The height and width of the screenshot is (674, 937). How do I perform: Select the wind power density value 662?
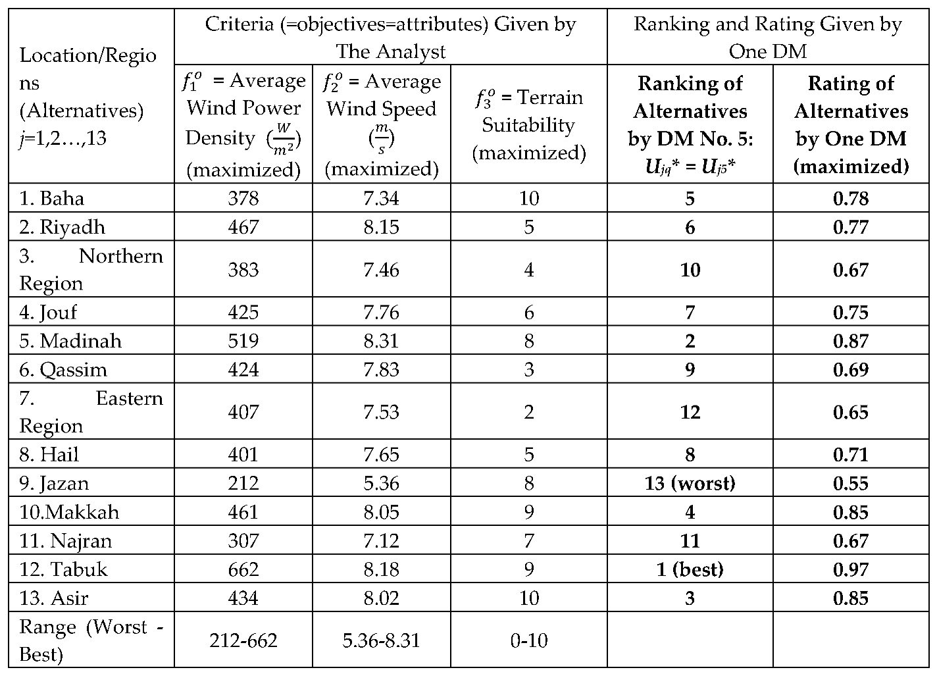(243, 569)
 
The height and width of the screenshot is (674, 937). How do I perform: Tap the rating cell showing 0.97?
(851, 569)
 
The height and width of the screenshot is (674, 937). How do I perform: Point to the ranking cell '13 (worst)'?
(690, 483)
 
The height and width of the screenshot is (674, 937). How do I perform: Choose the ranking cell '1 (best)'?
(690, 569)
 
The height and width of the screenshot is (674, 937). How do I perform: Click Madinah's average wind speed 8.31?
(381, 341)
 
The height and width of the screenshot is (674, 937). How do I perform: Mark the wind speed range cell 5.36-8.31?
(381, 640)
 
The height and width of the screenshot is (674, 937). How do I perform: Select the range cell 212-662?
(243, 640)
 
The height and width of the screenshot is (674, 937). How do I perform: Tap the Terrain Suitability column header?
(529, 124)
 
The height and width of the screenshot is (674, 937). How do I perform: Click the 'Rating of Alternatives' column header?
(851, 124)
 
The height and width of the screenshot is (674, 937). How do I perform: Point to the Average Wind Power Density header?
(243, 124)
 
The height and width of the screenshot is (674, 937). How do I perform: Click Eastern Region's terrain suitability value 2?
(529, 412)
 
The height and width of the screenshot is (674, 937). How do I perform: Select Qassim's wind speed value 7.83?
(381, 369)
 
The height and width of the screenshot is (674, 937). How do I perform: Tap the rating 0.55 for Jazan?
(851, 483)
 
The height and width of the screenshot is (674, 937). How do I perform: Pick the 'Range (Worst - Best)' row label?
(91, 640)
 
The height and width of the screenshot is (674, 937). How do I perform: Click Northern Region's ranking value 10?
(690, 270)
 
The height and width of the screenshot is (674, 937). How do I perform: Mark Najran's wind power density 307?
(243, 540)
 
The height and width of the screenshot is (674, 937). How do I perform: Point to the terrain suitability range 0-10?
(529, 640)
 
